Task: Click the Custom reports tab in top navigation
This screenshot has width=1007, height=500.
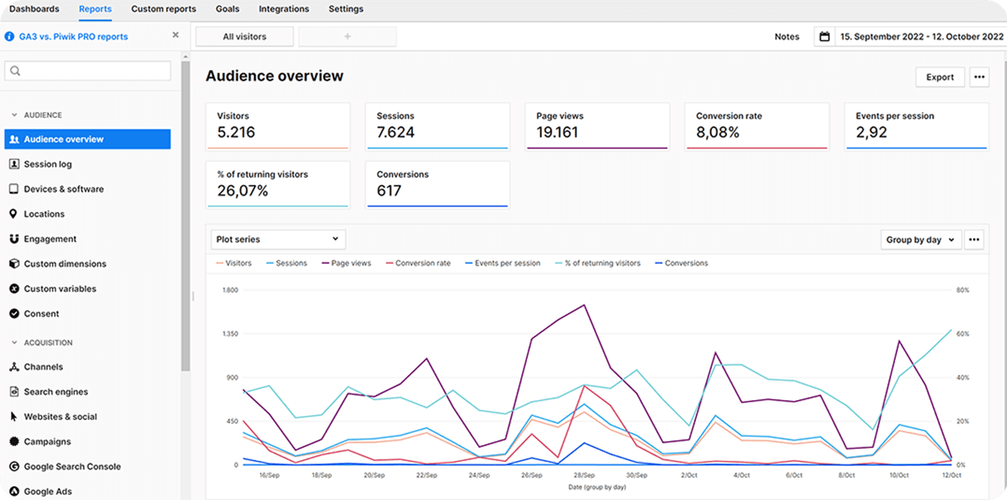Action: (163, 9)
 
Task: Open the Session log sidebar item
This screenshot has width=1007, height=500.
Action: (47, 165)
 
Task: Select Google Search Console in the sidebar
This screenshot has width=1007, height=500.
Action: (72, 467)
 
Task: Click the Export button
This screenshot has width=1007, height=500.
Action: (939, 77)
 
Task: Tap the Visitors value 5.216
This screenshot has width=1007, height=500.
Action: (236, 132)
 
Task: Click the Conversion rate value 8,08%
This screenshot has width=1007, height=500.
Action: (717, 132)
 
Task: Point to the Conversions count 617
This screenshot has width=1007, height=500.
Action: (389, 191)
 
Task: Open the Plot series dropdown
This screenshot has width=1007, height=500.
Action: (278, 239)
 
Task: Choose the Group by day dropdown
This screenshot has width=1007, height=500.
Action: (920, 240)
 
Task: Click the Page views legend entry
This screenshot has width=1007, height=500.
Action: (350, 263)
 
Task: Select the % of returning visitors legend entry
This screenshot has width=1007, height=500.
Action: (602, 263)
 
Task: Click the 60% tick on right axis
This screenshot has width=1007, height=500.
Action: (962, 334)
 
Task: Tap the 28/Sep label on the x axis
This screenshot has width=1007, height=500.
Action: (584, 476)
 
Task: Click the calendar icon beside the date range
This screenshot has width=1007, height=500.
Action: (824, 36)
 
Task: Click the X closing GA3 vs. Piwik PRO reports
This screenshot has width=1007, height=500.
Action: (175, 35)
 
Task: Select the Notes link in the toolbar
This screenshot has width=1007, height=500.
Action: (786, 36)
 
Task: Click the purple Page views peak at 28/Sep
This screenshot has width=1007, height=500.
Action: (584, 305)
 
